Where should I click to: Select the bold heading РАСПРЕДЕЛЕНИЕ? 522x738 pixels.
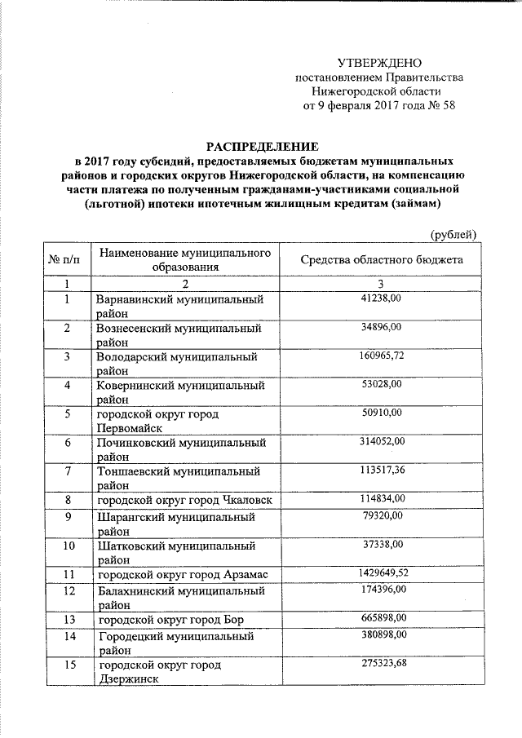[260, 146]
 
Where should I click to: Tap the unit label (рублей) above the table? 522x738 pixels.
[453, 235]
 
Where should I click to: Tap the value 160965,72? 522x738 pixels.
[382, 356]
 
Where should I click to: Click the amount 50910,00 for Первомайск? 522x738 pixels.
[382, 413]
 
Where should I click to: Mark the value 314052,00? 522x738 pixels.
[382, 442]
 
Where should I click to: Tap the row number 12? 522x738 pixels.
[69, 590]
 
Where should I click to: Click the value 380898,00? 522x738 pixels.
[382, 634]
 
